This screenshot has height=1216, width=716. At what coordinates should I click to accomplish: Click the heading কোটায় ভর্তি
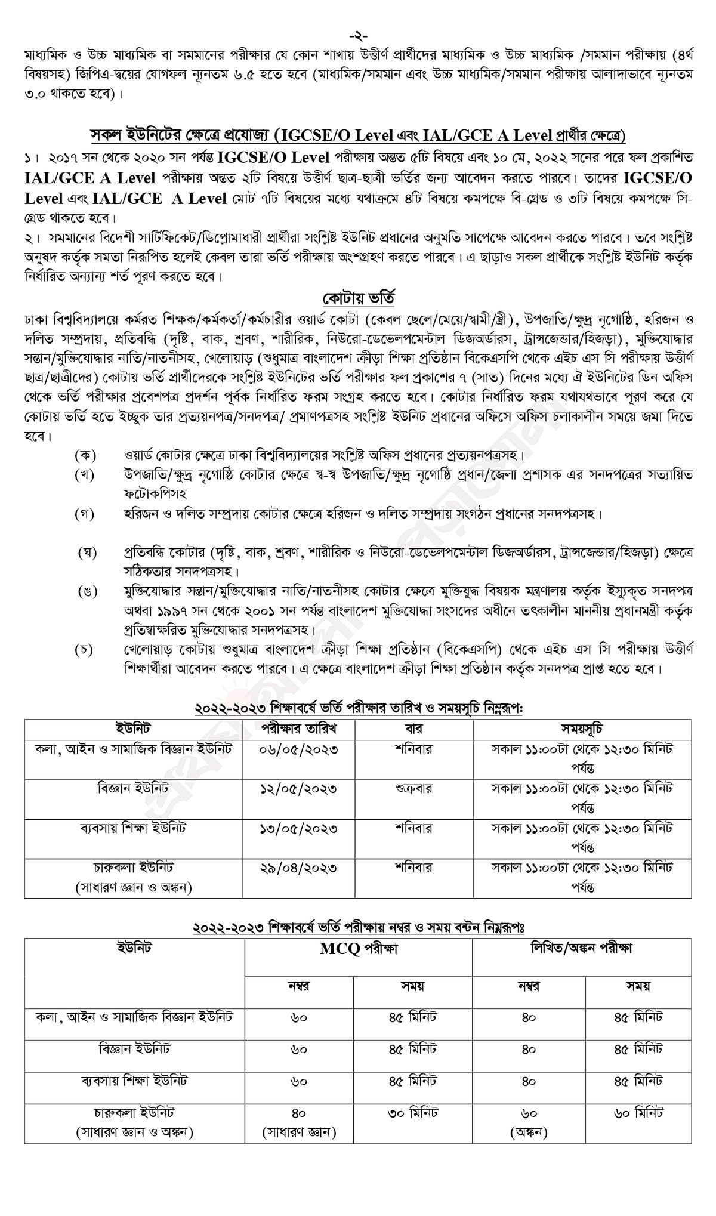click(x=358, y=297)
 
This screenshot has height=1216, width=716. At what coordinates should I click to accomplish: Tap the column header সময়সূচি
click(x=582, y=729)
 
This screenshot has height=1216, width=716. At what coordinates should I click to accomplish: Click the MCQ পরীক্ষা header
click(x=359, y=949)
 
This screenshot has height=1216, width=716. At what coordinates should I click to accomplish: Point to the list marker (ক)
click(x=85, y=456)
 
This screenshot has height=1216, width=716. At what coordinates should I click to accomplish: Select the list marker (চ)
click(x=85, y=650)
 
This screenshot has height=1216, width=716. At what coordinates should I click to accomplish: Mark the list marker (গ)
click(x=85, y=514)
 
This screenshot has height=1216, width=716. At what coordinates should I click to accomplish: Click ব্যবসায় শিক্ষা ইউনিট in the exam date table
click(x=134, y=829)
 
